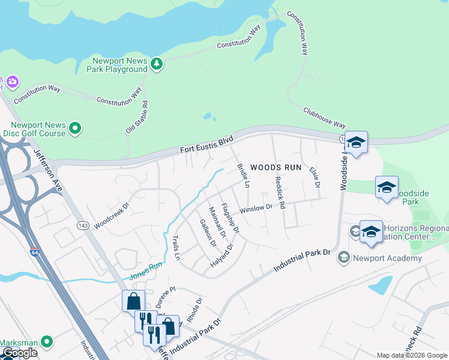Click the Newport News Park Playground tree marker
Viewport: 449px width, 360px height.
tap(157, 64)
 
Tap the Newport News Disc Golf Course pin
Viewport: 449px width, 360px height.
tap(75, 128)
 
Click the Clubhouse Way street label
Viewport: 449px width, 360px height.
tap(324, 118)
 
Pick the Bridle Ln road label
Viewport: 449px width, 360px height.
tap(244, 176)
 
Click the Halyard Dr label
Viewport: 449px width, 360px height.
tap(221, 254)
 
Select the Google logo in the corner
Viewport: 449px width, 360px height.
tap(20, 353)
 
